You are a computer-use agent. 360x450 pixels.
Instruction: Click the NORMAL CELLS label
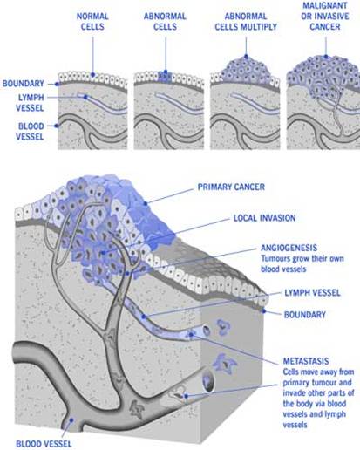point(92,21)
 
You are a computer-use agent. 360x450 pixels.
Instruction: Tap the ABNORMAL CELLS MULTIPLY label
point(246,21)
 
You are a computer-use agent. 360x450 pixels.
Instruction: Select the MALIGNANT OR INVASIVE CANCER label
point(325,16)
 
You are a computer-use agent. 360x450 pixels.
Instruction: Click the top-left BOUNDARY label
point(24,84)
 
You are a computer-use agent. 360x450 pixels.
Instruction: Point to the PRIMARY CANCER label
point(231,187)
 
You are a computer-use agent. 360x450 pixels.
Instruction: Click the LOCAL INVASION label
point(264,218)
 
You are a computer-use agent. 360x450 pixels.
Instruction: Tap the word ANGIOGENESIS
point(289,248)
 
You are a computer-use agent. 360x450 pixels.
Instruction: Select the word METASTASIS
point(306,361)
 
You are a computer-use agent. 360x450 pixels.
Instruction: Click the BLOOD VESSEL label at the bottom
point(44,444)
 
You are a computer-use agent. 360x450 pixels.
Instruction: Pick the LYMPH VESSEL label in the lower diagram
point(312,292)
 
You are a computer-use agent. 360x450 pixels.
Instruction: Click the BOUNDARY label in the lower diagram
point(305,315)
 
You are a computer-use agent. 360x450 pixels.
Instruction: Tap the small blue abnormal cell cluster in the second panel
point(165,77)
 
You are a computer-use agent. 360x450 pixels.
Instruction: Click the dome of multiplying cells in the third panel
point(247,70)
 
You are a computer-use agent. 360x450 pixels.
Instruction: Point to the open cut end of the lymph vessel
point(207,331)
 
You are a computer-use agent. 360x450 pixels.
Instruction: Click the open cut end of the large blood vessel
point(208,379)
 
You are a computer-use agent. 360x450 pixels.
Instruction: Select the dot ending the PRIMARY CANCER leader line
point(146,203)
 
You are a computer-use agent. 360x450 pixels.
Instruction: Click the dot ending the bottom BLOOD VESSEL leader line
point(71,419)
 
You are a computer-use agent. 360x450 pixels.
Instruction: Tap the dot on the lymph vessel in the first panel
point(85,97)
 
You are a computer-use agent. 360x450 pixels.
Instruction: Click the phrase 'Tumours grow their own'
point(302,258)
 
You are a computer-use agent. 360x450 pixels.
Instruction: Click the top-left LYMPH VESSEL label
point(30,103)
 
